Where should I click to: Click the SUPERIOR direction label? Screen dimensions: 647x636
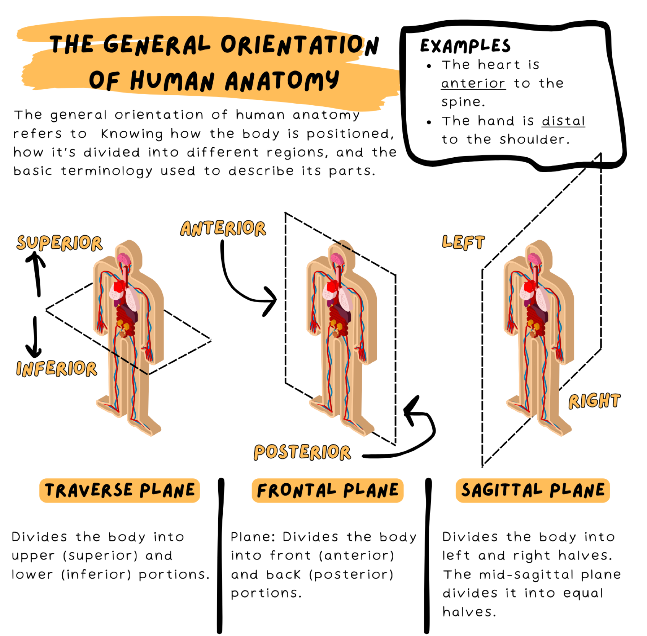tap(60, 243)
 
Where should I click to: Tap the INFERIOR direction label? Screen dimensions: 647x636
tap(57, 369)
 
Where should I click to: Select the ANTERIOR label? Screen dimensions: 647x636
tap(223, 228)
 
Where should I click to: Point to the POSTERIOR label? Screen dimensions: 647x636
tap(302, 452)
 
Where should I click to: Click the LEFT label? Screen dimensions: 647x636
tap(463, 242)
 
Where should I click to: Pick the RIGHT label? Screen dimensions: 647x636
tap(594, 401)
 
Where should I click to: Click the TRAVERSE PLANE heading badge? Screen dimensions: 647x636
tap(120, 490)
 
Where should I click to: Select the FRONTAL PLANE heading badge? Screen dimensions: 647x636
tap(328, 490)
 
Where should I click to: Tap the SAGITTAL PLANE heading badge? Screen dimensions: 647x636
tap(533, 490)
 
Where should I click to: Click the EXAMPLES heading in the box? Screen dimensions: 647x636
tap(465, 46)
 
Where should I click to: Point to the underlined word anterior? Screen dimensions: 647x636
tap(473, 83)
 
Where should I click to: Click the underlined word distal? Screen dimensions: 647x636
tap(563, 121)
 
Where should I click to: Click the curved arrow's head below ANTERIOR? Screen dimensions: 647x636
tap(270, 301)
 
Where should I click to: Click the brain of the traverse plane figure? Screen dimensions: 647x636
tap(124, 259)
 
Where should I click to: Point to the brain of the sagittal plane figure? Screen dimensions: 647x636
tap(534, 259)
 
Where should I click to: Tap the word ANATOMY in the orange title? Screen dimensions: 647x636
tap(282, 81)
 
